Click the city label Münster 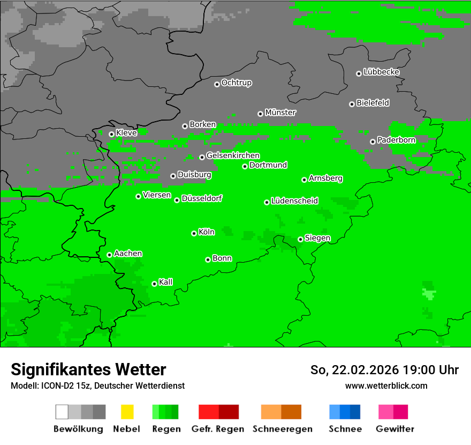[x=280, y=113]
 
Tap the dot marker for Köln [x=194, y=233]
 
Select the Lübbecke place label [x=381, y=72]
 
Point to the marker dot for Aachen [x=109, y=255]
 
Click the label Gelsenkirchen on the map [x=233, y=155]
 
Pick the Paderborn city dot [x=373, y=142]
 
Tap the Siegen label [x=317, y=238]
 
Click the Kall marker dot [x=154, y=284]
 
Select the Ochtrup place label [x=237, y=83]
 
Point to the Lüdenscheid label [x=294, y=201]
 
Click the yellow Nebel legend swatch [x=127, y=412]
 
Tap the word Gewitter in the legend [x=395, y=429]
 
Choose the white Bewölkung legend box [x=62, y=412]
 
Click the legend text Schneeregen [x=283, y=429]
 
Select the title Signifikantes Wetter [x=88, y=369]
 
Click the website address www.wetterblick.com [x=386, y=385]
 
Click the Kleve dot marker [x=111, y=134]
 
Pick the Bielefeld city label [x=373, y=103]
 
